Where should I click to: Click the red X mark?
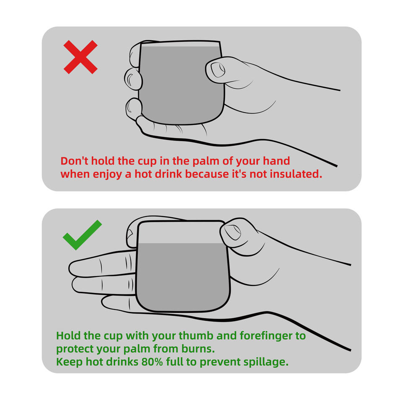80,57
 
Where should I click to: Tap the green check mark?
82,235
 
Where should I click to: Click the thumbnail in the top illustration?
218,70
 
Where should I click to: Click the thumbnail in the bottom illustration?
232,232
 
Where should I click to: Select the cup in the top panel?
181,82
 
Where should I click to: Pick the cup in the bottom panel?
183,266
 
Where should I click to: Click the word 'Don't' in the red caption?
75,161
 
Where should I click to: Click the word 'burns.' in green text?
198,349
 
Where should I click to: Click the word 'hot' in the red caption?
143,174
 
